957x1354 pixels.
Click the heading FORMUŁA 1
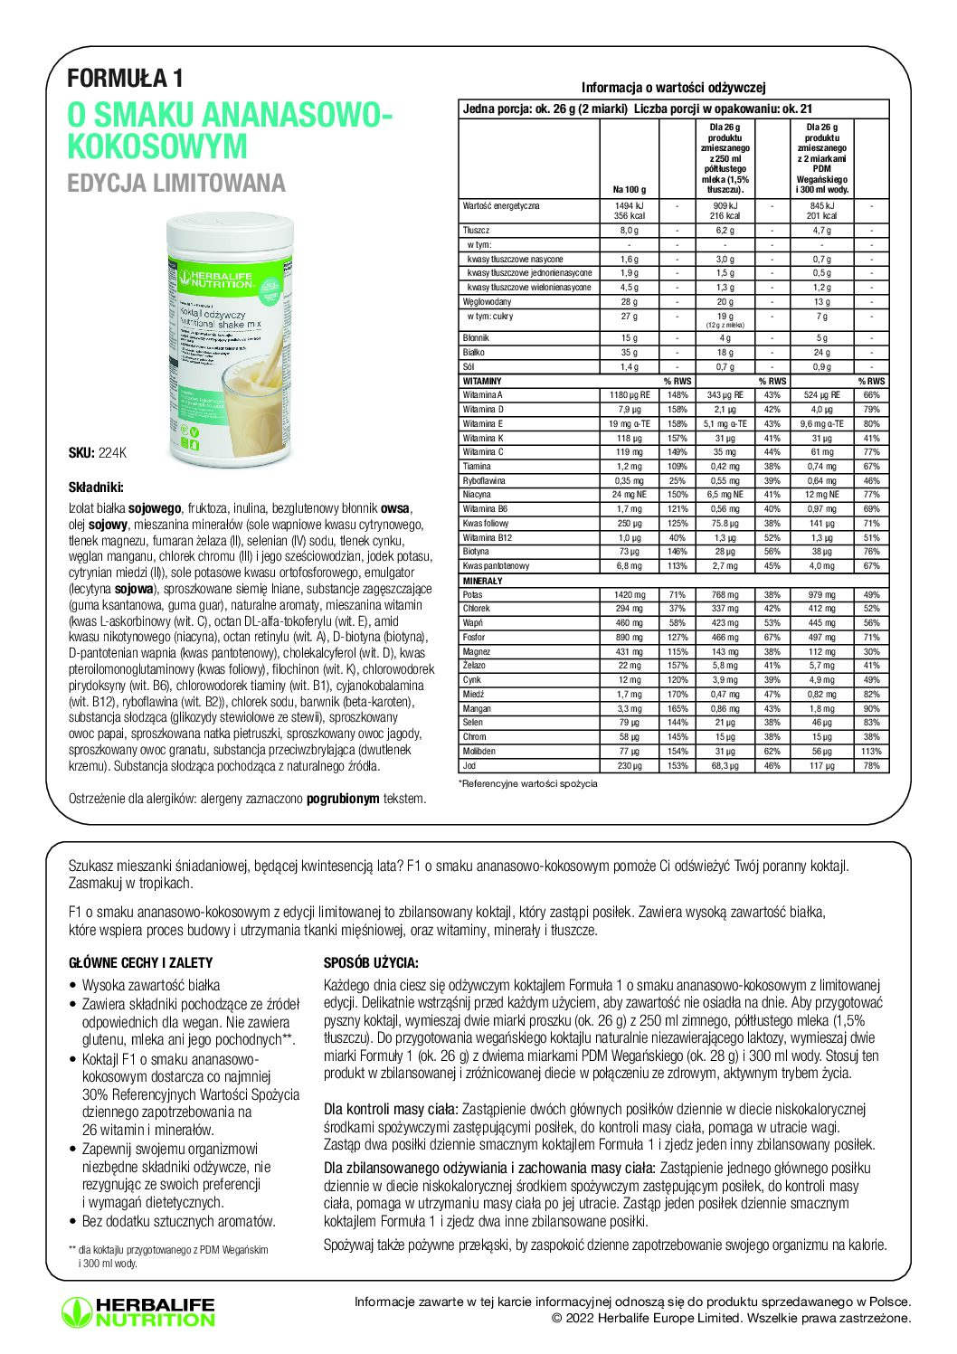coord(125,79)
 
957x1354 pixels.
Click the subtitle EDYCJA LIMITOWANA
coord(176,184)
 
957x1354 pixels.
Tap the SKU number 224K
coord(113,453)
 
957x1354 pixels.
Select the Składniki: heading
coord(96,487)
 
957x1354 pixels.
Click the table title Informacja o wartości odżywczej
coord(673,88)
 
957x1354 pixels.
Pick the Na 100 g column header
coord(629,190)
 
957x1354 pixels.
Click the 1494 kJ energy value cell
coord(629,206)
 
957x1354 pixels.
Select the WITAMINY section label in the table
coord(482,382)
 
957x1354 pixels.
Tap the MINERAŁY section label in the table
coord(482,581)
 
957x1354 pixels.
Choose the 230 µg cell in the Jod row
coord(629,766)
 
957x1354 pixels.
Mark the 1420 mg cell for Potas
coord(629,595)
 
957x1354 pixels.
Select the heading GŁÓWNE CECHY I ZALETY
coord(141,963)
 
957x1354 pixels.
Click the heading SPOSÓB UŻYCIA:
coord(371,963)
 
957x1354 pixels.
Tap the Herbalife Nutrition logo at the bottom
coord(138,1312)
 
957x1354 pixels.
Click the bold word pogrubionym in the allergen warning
coord(343,800)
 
